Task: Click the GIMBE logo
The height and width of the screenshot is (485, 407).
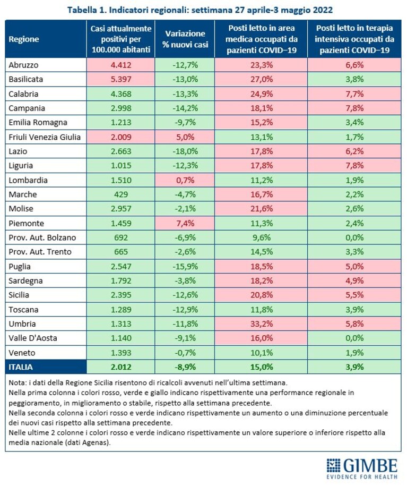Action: click(362, 469)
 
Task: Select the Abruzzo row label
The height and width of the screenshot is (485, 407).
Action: click(23, 65)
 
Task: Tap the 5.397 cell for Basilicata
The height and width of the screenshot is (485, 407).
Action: click(121, 79)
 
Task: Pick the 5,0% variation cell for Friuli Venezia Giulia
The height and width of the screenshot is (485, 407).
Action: click(185, 137)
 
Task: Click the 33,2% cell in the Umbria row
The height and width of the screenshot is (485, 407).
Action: click(262, 324)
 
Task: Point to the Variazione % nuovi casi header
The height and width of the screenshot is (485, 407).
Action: click(185, 39)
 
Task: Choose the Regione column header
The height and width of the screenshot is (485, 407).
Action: click(24, 39)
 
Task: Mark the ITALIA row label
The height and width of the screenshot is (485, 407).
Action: click(20, 367)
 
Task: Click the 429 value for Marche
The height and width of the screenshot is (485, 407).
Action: click(121, 194)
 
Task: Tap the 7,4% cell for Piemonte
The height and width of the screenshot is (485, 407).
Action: click(185, 223)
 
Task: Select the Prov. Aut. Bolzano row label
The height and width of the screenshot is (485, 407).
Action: click(42, 237)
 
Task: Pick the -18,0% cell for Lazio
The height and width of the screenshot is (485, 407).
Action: click(185, 151)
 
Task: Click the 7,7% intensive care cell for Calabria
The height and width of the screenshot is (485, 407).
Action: click(354, 93)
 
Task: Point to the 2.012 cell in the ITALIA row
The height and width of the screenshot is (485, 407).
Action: click(121, 367)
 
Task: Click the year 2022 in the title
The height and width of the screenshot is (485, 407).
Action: click(323, 10)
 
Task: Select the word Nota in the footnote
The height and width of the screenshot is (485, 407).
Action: click(16, 383)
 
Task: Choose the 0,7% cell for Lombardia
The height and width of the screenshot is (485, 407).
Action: click(185, 180)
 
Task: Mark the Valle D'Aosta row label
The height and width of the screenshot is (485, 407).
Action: click(33, 338)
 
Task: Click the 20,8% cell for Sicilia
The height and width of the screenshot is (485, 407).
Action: click(262, 295)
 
